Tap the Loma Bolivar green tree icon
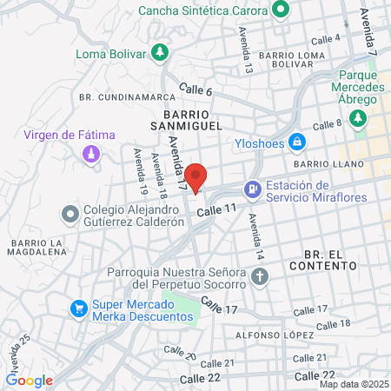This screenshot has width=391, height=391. [159, 53]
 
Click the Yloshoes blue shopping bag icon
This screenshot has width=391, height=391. [296, 141]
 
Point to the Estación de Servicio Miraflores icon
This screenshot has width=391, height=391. [252, 187]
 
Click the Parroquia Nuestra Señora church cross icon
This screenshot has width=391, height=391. [259, 278]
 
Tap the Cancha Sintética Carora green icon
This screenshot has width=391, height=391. [281, 11]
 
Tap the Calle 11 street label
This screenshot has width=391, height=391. [216, 210]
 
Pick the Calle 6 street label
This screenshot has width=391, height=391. [195, 89]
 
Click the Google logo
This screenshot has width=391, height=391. [30, 380]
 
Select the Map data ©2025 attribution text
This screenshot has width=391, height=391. [353, 384]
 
